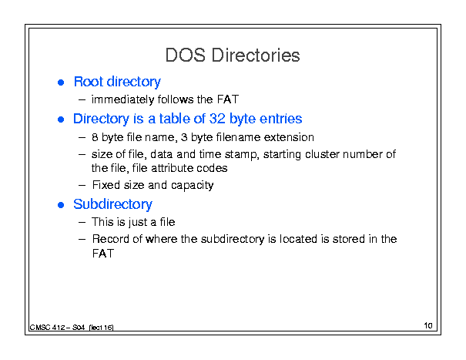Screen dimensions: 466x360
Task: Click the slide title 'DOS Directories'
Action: click(233, 56)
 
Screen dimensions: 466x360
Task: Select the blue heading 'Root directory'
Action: click(117, 82)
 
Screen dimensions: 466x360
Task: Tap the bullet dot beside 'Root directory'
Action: click(61, 82)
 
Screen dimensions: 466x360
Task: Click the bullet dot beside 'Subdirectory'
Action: click(61, 205)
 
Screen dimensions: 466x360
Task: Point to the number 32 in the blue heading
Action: click(217, 119)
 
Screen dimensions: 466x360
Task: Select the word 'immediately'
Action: click(122, 99)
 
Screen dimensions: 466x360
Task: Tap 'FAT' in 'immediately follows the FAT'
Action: click(228, 99)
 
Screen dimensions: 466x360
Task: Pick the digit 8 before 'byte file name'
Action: click(95, 137)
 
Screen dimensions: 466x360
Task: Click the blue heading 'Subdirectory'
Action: click(112, 204)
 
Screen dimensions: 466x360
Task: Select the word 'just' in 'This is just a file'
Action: click(138, 222)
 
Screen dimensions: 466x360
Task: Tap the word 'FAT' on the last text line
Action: click(103, 254)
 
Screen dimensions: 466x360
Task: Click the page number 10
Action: click(428, 325)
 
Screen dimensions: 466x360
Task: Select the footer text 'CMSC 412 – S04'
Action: click(57, 328)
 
